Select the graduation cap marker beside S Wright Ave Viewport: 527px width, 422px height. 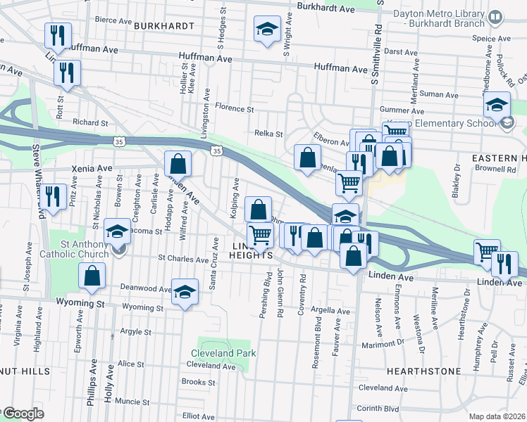(x=267, y=30)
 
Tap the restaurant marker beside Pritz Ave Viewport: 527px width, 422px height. (x=53, y=196)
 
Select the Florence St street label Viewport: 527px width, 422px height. (x=234, y=109)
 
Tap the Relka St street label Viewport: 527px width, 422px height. (x=268, y=134)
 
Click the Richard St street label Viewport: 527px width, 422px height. (x=89, y=122)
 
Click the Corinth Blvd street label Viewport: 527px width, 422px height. (x=378, y=408)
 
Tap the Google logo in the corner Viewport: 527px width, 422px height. (x=23, y=414)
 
